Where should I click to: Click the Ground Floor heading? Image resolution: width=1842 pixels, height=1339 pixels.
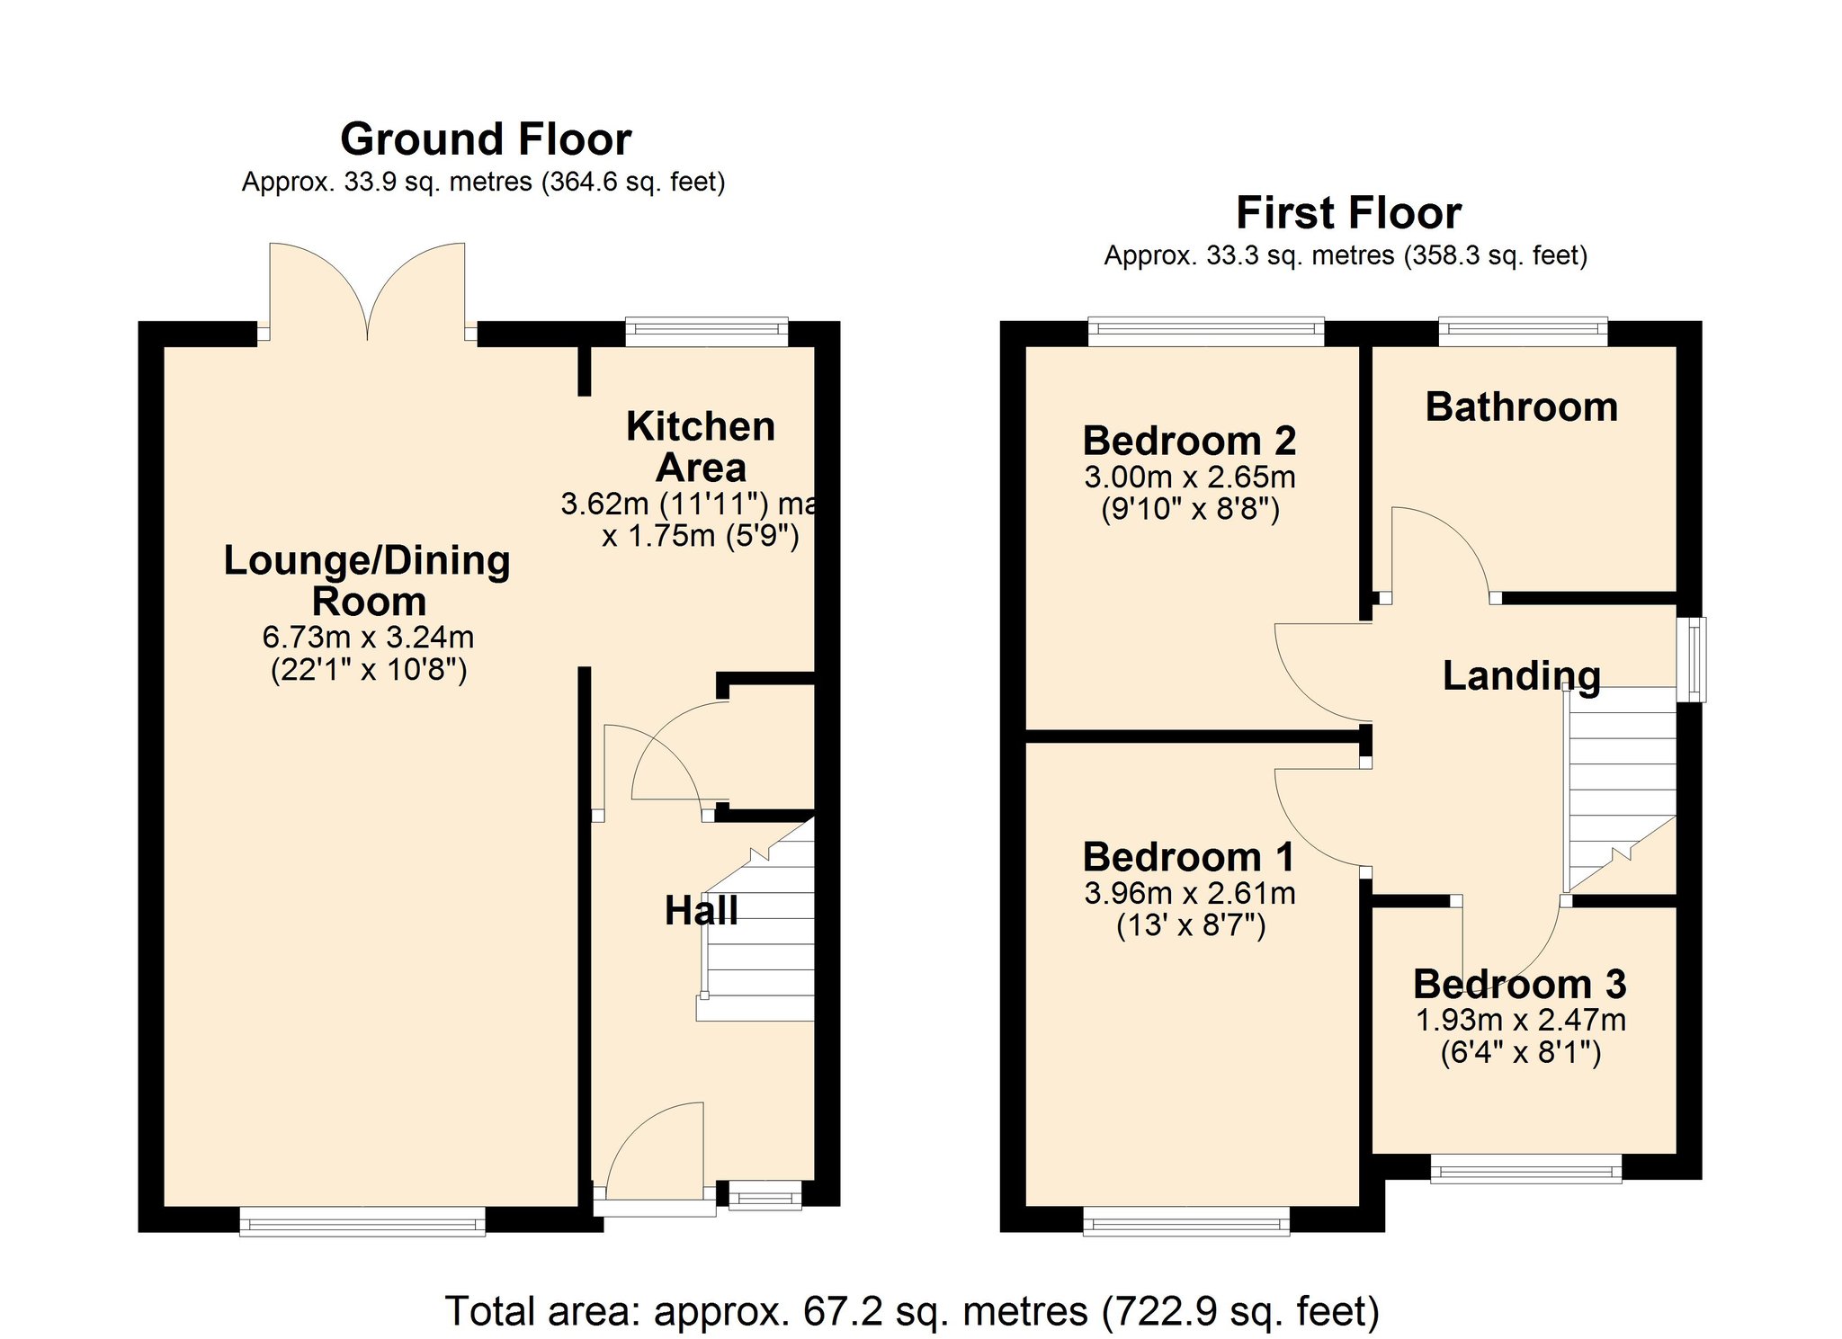click(486, 139)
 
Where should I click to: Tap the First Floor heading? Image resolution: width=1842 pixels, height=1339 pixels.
click(1348, 213)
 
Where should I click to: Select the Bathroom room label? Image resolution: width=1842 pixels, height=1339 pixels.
click(1522, 406)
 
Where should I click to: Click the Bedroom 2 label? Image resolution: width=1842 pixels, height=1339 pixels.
click(1189, 441)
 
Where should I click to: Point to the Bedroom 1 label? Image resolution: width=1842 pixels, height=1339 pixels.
click(1189, 857)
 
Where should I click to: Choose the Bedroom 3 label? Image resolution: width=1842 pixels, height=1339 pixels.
click(1520, 984)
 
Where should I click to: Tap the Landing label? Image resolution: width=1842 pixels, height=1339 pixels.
click(1522, 675)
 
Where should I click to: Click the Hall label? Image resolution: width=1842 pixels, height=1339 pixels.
click(702, 911)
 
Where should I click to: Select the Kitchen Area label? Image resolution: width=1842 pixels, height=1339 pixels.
click(701, 447)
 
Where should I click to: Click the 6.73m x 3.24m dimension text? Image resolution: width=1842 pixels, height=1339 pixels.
click(368, 638)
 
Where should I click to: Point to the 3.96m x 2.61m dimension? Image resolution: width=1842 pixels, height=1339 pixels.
click(1190, 893)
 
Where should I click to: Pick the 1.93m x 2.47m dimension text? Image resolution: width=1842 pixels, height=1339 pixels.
click(1521, 1020)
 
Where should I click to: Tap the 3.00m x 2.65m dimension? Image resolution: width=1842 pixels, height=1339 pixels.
click(1190, 477)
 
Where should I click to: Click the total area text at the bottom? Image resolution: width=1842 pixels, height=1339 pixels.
click(912, 1311)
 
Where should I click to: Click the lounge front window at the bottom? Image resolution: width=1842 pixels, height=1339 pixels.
click(362, 1221)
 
